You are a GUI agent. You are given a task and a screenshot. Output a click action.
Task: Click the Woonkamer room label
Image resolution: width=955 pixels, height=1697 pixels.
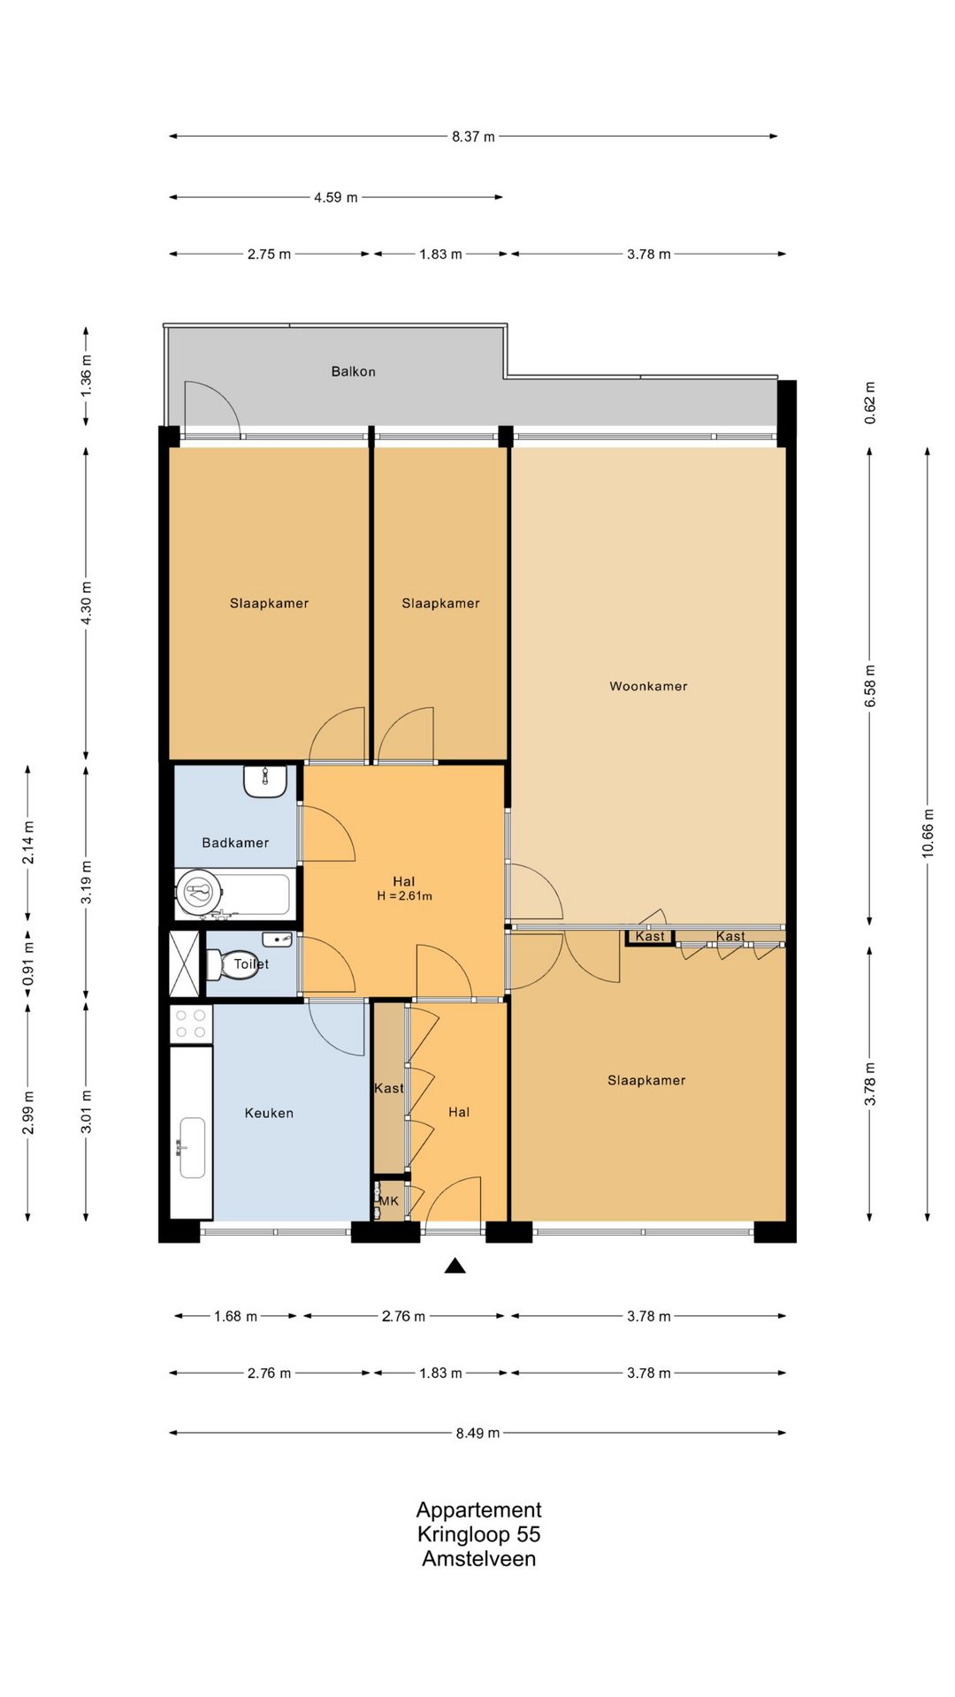pyautogui.click(x=648, y=686)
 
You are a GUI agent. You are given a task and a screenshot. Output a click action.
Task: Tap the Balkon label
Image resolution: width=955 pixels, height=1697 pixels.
pyautogui.click(x=354, y=371)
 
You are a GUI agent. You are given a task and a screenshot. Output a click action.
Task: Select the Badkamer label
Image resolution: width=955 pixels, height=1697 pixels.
pyautogui.click(x=235, y=842)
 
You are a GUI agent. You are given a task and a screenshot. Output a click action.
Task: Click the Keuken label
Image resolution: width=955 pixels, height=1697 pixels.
pyautogui.click(x=269, y=1113)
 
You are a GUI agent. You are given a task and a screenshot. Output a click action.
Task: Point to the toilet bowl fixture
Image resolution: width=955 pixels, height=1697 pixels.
pyautogui.click(x=225, y=964)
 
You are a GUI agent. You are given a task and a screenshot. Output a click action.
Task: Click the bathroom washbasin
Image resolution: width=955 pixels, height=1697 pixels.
pyautogui.click(x=265, y=781)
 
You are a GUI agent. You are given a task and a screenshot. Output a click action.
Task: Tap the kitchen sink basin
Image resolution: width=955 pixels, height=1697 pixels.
pyautogui.click(x=192, y=1147)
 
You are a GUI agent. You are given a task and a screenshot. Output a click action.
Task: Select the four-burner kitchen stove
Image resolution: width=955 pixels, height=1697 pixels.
pyautogui.click(x=191, y=1024)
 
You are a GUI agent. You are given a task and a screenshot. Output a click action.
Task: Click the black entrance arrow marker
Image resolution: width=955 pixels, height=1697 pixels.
pyautogui.click(x=455, y=1266)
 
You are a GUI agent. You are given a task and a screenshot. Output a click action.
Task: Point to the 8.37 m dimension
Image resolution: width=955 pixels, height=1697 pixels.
pyautogui.click(x=473, y=136)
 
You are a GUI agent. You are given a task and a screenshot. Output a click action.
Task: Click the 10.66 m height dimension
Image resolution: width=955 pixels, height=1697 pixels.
pyautogui.click(x=928, y=833)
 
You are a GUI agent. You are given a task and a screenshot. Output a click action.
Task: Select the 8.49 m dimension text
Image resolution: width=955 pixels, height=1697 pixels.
pyautogui.click(x=477, y=1433)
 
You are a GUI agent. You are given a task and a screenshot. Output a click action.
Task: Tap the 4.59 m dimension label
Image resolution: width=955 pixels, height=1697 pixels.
pyautogui.click(x=336, y=197)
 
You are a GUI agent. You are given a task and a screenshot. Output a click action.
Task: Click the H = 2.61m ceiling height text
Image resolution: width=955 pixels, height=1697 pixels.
pyautogui.click(x=404, y=896)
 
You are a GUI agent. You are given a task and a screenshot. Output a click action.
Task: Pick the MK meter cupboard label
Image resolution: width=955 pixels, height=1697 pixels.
pyautogui.click(x=389, y=1201)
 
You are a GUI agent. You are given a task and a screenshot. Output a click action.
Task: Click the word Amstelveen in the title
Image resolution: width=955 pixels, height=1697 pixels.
pyautogui.click(x=478, y=1558)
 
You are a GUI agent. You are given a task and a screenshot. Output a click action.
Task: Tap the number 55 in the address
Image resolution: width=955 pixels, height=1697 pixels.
pyautogui.click(x=529, y=1534)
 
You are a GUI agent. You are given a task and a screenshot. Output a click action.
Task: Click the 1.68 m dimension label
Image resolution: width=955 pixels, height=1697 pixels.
pyautogui.click(x=235, y=1316)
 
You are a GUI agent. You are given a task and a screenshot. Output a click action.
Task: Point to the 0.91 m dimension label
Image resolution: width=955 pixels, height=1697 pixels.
pyautogui.click(x=28, y=963)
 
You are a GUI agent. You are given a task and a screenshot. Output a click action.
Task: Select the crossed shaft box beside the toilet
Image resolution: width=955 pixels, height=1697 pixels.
pyautogui.click(x=185, y=963)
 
